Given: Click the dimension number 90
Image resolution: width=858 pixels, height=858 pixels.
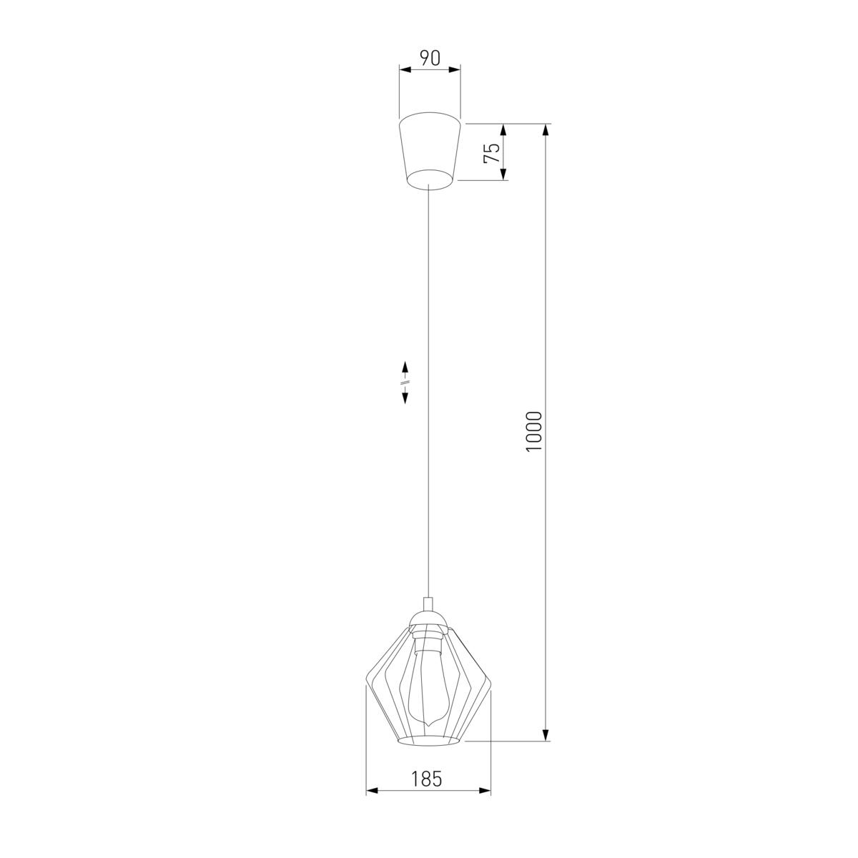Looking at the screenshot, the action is click(x=430, y=59).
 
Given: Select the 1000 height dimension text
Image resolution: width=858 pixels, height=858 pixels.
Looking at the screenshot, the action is click(x=533, y=431).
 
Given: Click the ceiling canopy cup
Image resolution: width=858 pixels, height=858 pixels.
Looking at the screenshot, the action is click(x=429, y=152).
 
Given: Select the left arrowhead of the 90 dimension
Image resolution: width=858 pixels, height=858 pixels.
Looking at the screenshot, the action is click(x=405, y=69).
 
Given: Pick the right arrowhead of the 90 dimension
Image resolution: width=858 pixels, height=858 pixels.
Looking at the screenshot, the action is click(x=454, y=69).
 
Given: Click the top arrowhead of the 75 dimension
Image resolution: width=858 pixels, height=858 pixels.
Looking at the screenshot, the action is click(x=503, y=129).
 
